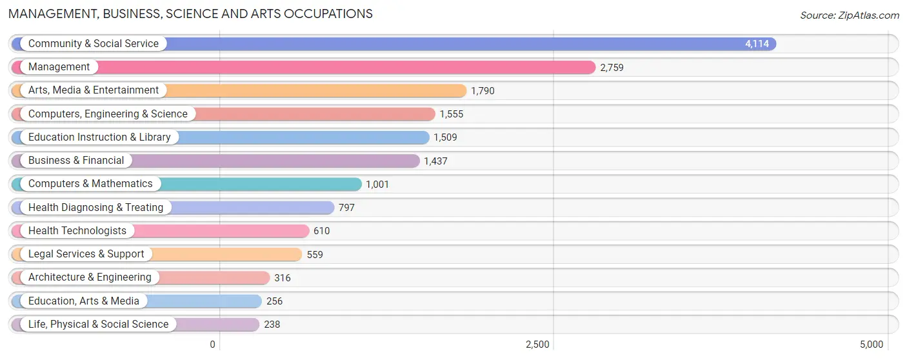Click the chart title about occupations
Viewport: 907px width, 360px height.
[190, 14]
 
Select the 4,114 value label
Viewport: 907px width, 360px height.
[757, 44]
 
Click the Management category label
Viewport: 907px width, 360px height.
[59, 67]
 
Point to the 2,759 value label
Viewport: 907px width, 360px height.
[612, 67]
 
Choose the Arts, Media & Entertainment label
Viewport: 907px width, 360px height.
[93, 90]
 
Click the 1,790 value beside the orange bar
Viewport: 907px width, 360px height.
[483, 91]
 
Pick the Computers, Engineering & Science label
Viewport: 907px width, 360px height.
[108, 114]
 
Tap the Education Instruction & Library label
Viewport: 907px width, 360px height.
[99, 137]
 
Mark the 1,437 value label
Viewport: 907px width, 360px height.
[435, 161]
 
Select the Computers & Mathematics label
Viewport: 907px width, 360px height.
[90, 184]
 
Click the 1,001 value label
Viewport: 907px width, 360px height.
[377, 185]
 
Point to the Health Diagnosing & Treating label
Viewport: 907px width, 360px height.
[95, 208]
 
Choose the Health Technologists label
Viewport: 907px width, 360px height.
[77, 231]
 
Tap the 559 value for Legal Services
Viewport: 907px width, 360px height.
[315, 255]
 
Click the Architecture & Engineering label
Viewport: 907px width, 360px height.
[90, 277]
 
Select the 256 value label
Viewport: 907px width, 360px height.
[274, 301]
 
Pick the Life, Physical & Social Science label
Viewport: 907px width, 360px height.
[98, 325]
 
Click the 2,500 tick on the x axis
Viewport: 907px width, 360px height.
[537, 345]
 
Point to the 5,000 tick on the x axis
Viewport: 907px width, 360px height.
[871, 345]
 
